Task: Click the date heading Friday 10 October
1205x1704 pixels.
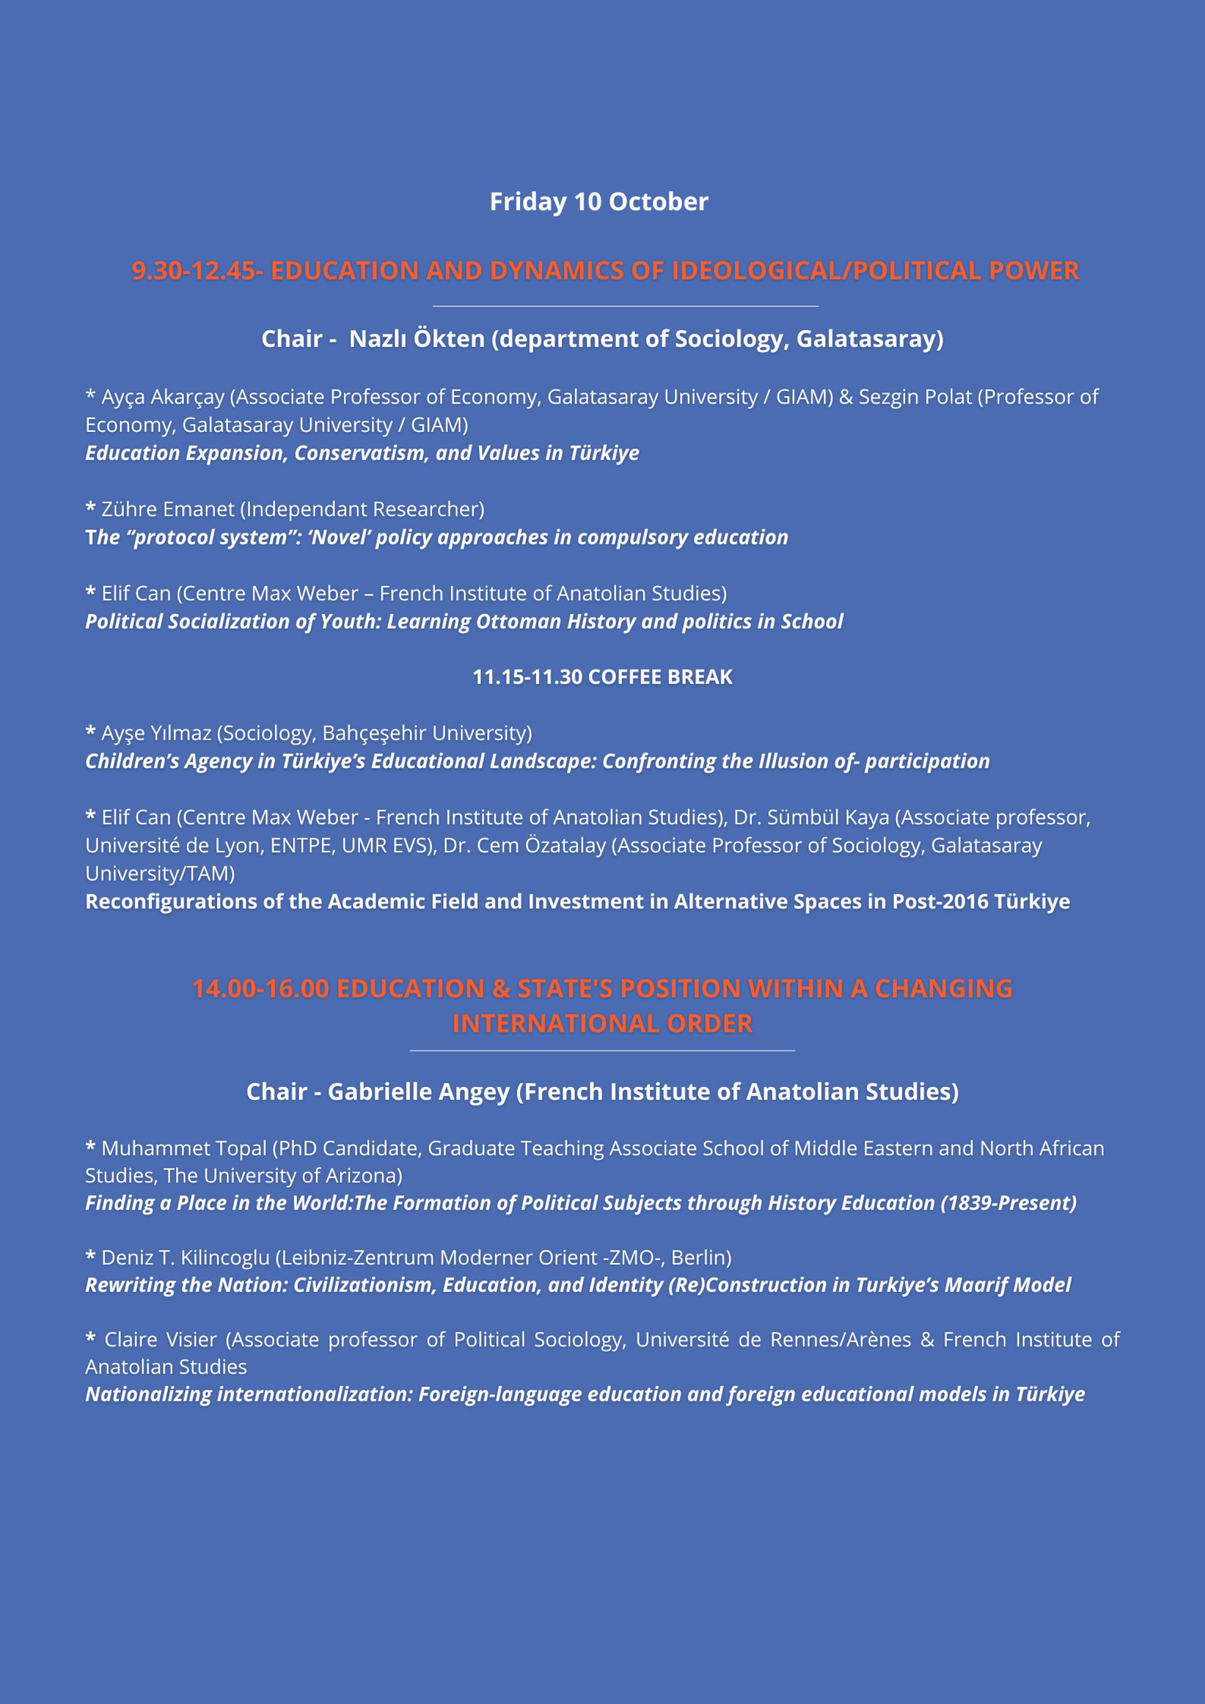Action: click(598, 202)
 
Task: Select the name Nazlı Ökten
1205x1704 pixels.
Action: click(417, 339)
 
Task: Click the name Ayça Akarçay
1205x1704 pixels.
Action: click(163, 397)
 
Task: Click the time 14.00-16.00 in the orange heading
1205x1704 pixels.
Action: click(260, 989)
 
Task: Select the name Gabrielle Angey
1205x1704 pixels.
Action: click(418, 1091)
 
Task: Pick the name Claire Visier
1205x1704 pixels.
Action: click(160, 1340)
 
